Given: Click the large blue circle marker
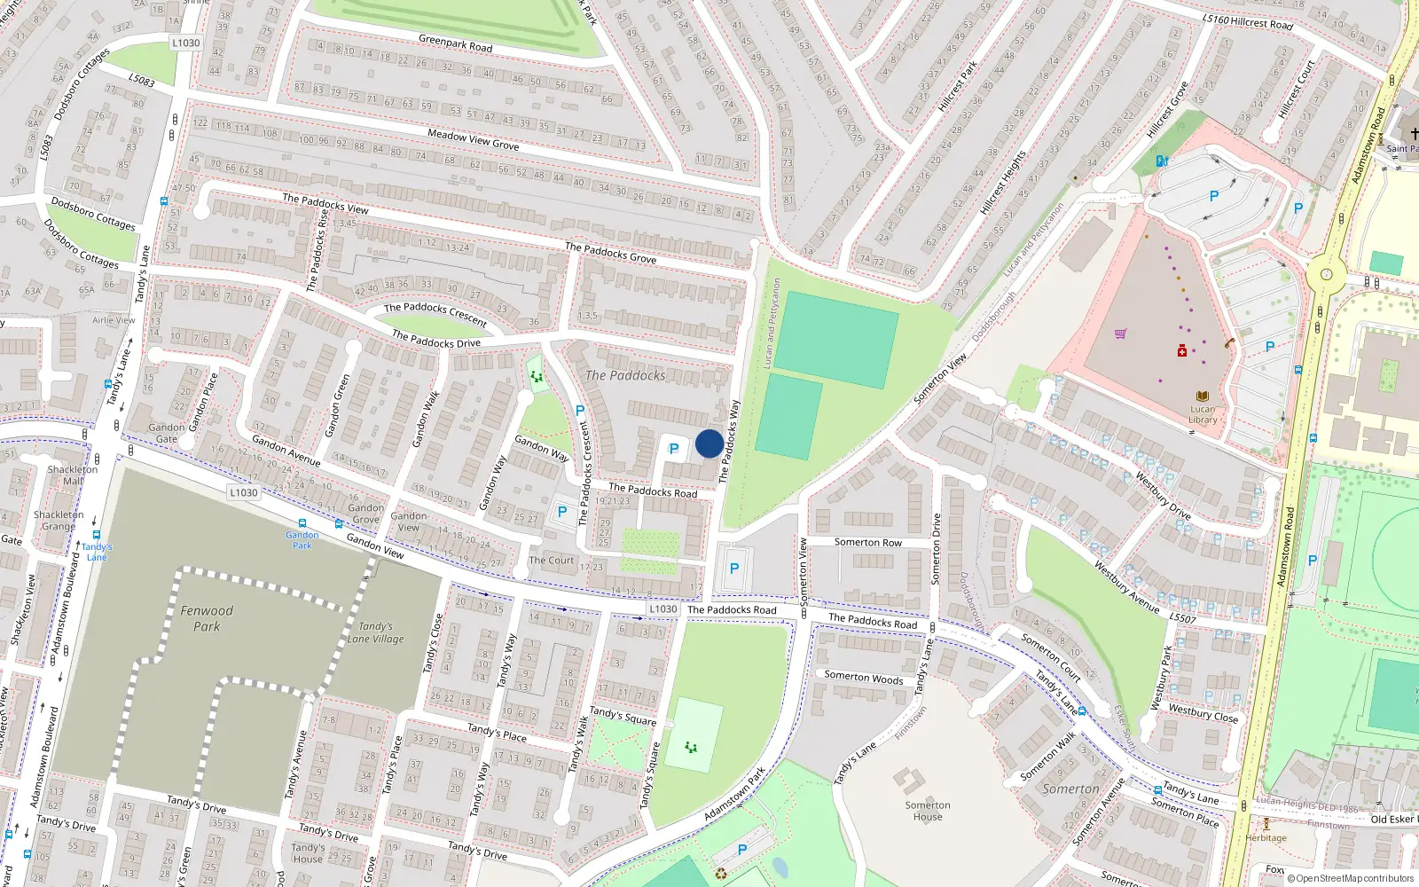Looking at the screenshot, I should pyautogui.click(x=709, y=443).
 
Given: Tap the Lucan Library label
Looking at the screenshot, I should pyautogui.click(x=1203, y=414).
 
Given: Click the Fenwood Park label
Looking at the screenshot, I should pyautogui.click(x=207, y=618).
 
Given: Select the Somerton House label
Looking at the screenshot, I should pyautogui.click(x=928, y=811).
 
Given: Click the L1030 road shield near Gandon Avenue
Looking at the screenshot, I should pyautogui.click(x=243, y=492).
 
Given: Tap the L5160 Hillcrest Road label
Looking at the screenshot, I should pyautogui.click(x=1247, y=21).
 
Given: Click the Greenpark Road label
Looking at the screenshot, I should pyautogui.click(x=455, y=43).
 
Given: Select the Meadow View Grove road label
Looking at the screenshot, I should pyautogui.click(x=473, y=139).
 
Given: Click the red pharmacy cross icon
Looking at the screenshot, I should pyautogui.click(x=1181, y=352).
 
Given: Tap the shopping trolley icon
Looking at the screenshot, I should pyautogui.click(x=1120, y=334).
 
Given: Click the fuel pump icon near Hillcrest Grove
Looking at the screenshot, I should pyautogui.click(x=1162, y=161).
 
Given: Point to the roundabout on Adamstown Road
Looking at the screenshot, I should pyautogui.click(x=1326, y=275).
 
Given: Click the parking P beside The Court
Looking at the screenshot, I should pyautogui.click(x=561, y=512).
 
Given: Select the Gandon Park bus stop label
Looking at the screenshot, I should pyautogui.click(x=302, y=539).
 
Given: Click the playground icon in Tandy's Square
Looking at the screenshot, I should pyautogui.click(x=691, y=747).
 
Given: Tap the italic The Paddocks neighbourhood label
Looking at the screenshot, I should pyautogui.click(x=625, y=375).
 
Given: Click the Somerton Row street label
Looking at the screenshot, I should pyautogui.click(x=867, y=542).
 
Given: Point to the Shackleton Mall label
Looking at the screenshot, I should pyautogui.click(x=72, y=475).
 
